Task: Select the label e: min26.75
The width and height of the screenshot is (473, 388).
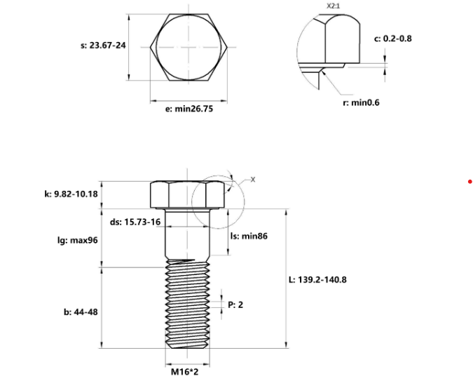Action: tap(184, 109)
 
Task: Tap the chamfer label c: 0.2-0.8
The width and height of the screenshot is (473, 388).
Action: tap(393, 38)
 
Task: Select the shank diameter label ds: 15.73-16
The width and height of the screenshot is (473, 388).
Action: tap(135, 222)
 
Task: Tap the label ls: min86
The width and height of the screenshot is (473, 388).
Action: tap(249, 236)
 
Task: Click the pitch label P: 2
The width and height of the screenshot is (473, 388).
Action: tap(235, 305)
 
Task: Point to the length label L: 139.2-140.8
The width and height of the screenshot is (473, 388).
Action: tap(318, 279)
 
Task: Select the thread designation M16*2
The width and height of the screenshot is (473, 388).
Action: tap(186, 373)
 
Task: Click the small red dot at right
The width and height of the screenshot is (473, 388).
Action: tap(469, 182)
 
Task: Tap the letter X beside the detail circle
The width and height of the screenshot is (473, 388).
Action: tap(254, 180)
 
